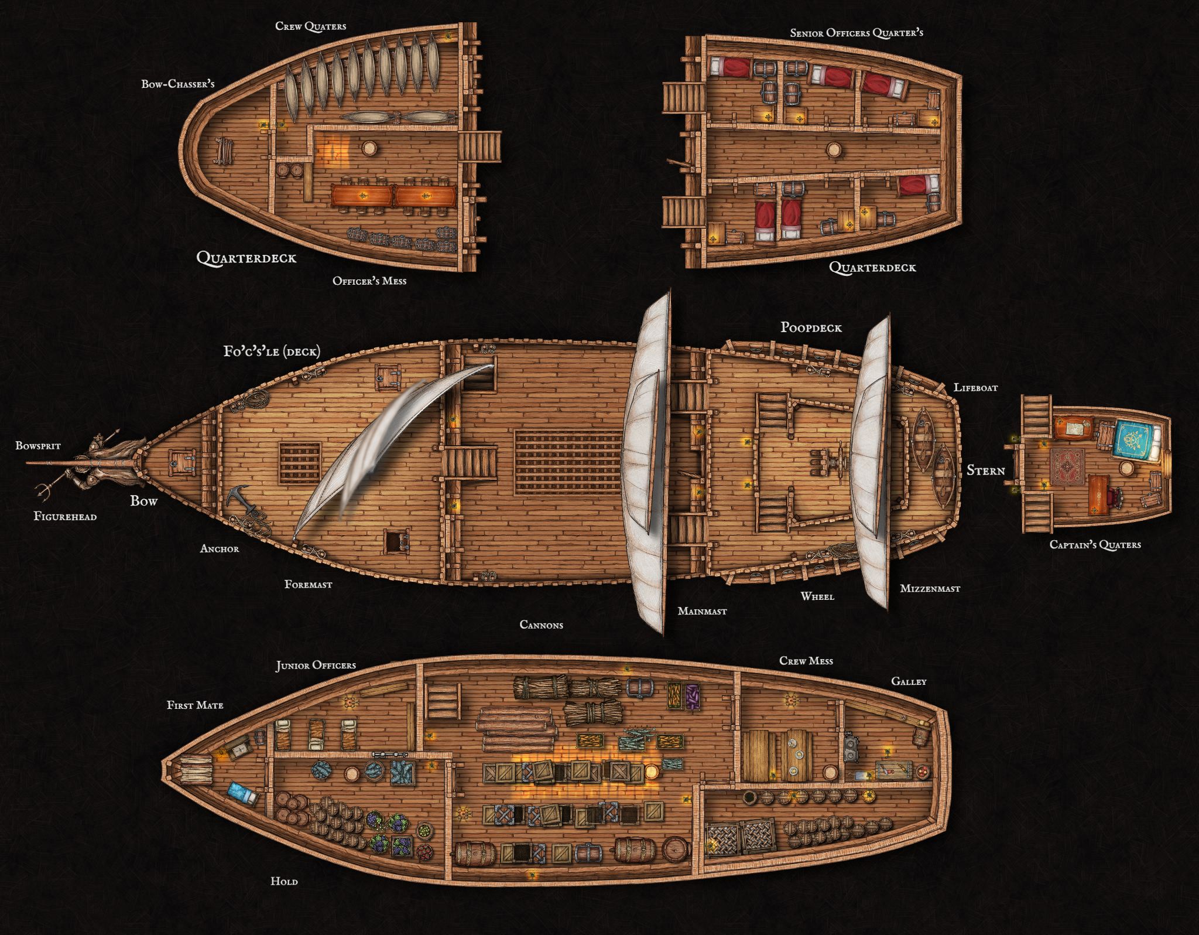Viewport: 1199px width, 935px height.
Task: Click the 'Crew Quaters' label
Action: click(310, 26)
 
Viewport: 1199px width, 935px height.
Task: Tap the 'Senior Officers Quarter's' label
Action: click(856, 33)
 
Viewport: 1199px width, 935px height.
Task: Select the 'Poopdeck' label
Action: click(811, 327)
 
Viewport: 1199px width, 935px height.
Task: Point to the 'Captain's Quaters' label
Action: click(1095, 545)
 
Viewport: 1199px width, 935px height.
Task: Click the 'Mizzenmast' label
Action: click(930, 588)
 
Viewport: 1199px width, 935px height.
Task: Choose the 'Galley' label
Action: click(909, 681)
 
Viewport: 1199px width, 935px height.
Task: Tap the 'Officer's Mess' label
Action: click(369, 281)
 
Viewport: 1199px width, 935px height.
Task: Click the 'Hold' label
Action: click(284, 881)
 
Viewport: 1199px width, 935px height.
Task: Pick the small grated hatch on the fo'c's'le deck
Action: click(300, 463)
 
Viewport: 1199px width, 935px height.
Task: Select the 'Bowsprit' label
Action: click(38, 446)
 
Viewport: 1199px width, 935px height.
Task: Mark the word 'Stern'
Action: click(985, 470)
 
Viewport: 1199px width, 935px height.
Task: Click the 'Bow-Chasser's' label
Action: click(177, 84)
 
